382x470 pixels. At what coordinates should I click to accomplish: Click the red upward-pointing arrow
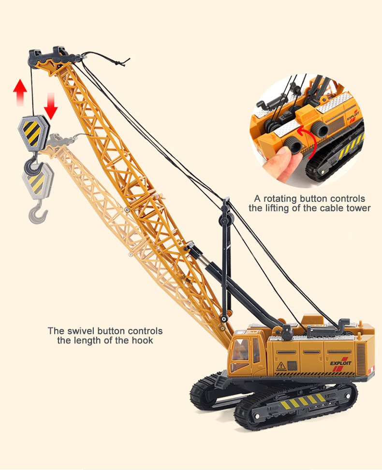pyautogui.click(x=20, y=92)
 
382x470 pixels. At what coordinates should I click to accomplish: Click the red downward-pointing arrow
pyautogui.click(x=50, y=106)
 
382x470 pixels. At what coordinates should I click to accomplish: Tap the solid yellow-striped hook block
pyautogui.click(x=33, y=133)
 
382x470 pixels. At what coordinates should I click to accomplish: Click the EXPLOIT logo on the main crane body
pyautogui.click(x=341, y=364)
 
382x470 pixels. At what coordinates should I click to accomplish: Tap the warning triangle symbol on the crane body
pyautogui.click(x=281, y=366)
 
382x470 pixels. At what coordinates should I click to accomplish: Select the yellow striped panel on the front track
pyautogui.click(x=303, y=402)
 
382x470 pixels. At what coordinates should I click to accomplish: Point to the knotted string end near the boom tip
pyautogui.click(x=120, y=62)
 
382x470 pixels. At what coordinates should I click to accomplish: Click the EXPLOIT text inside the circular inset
pyautogui.click(x=353, y=115)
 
